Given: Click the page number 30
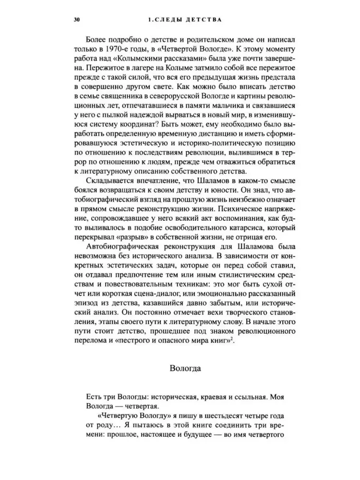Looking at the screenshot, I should click(x=77, y=21).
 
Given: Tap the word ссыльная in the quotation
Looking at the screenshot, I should click(x=245, y=397).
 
